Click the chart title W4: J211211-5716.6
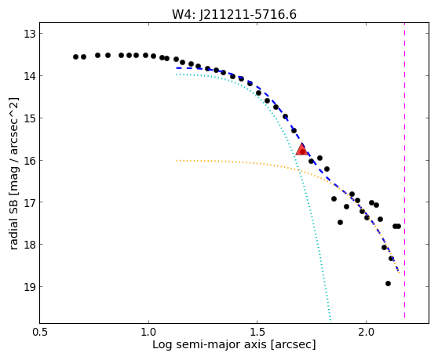click(234, 14)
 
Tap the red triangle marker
click(302, 149)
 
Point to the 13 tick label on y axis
click(30, 34)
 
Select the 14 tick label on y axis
click(30, 76)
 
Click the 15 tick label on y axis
click(30, 118)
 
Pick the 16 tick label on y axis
click(30, 160)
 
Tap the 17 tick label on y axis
click(30, 202)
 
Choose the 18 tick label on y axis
click(30, 244)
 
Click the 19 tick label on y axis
click(30, 286)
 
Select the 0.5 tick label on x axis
click(40, 333)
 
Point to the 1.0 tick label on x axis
click(148, 333)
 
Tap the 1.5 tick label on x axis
click(257, 333)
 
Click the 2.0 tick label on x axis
click(366, 333)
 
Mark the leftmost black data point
click(75, 57)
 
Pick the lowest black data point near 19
click(388, 284)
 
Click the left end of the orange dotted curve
click(177, 161)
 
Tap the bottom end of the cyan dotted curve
click(330, 321)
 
